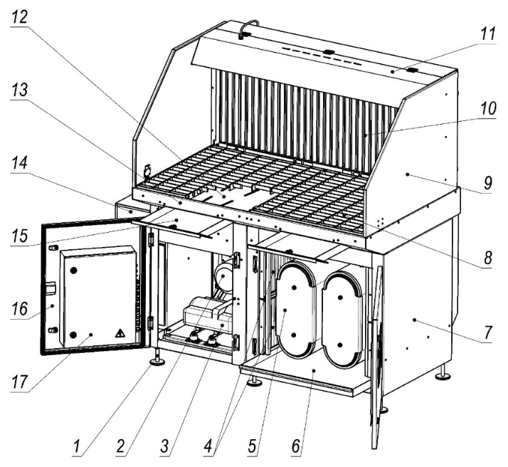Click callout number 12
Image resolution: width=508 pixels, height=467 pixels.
click(19, 17)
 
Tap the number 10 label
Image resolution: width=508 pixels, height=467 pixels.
click(488, 109)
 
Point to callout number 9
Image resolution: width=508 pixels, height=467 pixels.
click(488, 183)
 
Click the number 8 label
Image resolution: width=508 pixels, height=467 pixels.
click(487, 258)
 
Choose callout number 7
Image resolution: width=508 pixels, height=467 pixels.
click(488, 332)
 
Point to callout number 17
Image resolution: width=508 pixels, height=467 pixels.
click(19, 382)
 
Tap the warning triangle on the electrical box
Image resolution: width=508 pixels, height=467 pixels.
click(120, 333)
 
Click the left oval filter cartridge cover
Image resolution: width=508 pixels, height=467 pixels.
click(295, 310)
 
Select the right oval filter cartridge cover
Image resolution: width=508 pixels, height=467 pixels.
click(341, 320)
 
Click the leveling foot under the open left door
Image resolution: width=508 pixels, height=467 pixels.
click(158, 360)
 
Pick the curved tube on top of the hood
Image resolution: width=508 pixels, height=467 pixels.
click(248, 28)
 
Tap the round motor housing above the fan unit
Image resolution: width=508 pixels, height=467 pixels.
click(223, 276)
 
